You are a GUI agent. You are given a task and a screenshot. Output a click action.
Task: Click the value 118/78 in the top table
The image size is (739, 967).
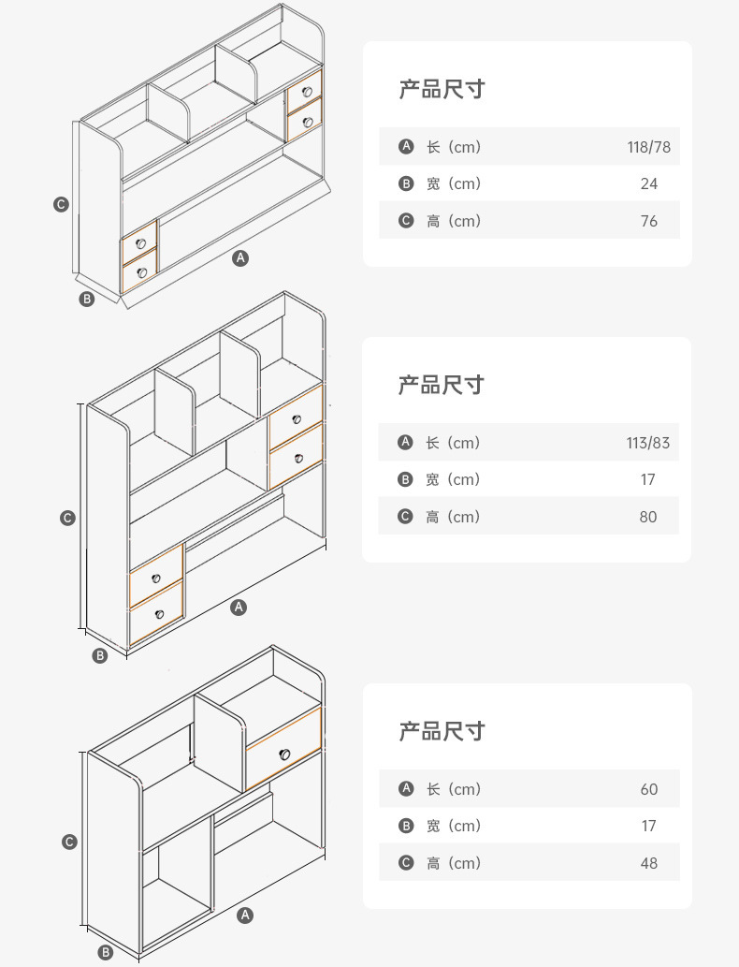pyautogui.click(x=648, y=147)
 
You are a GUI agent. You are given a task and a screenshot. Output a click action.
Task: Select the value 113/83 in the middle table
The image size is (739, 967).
pyautogui.click(x=648, y=443)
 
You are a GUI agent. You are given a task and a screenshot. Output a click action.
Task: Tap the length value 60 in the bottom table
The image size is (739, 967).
pyautogui.click(x=649, y=789)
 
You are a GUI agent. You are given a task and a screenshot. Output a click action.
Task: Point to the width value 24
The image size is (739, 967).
pyautogui.click(x=649, y=183)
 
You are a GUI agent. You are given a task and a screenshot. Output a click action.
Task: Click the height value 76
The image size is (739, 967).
pyautogui.click(x=649, y=221)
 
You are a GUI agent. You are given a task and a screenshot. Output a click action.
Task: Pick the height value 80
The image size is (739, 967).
pyautogui.click(x=648, y=517)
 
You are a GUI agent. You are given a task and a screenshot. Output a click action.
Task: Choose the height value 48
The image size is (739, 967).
pyautogui.click(x=649, y=863)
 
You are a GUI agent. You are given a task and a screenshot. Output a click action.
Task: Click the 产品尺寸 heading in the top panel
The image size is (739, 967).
pyautogui.click(x=442, y=90)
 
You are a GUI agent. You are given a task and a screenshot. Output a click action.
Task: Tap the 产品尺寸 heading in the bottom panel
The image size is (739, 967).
pyautogui.click(x=442, y=731)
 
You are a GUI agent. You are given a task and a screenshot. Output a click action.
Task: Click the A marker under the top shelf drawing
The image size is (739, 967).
pyautogui.click(x=240, y=257)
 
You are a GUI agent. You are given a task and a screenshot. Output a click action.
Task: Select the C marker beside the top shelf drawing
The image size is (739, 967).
pyautogui.click(x=61, y=204)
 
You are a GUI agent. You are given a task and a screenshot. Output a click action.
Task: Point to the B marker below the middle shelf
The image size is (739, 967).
pyautogui.click(x=100, y=655)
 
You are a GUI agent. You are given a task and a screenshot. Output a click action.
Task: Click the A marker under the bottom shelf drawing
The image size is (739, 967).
pyautogui.click(x=245, y=915)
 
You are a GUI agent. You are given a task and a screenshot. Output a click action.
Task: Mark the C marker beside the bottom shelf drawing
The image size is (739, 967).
pyautogui.click(x=69, y=842)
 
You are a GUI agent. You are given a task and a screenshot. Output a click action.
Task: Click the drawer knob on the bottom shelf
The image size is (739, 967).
pyautogui.click(x=284, y=754)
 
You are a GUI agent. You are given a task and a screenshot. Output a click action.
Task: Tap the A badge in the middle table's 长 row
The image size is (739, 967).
pyautogui.click(x=405, y=442)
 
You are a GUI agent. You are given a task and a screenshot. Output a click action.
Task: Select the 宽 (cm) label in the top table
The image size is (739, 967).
pyautogui.click(x=453, y=183)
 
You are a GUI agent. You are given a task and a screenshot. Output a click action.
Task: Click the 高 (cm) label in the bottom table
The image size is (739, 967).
pyautogui.click(x=453, y=863)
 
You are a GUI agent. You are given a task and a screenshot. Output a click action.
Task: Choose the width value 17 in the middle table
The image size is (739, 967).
pyautogui.click(x=648, y=479)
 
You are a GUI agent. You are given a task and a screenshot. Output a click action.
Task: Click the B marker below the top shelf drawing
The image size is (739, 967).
pyautogui.click(x=87, y=300)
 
